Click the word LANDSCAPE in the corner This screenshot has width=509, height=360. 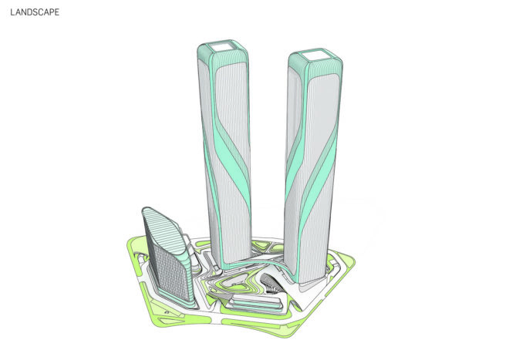pyautogui.click(x=35, y=12)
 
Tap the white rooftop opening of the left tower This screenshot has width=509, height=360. pyautogui.click(x=221, y=47)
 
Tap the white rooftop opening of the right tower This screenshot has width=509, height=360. pyautogui.click(x=314, y=56)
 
